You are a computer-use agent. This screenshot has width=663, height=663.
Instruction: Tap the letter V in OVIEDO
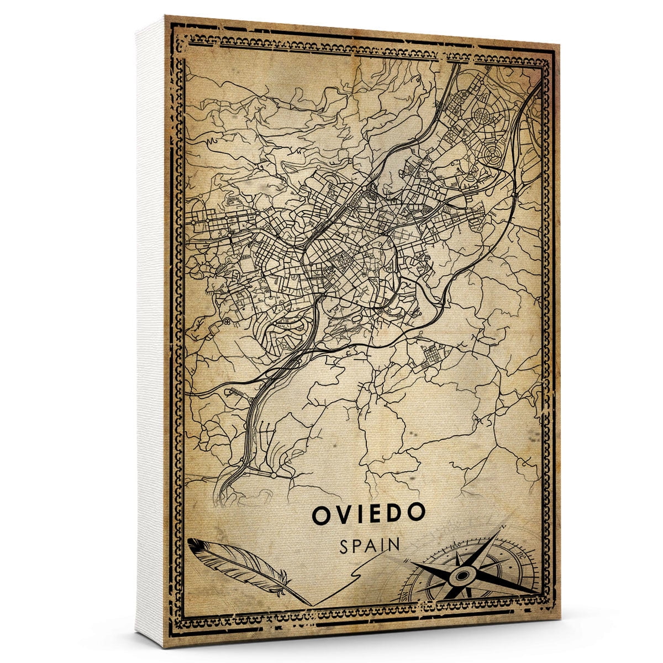[343, 514]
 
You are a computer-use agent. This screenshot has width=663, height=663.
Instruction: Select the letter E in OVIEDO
[376, 514]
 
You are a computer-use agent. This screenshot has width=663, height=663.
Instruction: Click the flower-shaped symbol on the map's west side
[227, 322]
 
